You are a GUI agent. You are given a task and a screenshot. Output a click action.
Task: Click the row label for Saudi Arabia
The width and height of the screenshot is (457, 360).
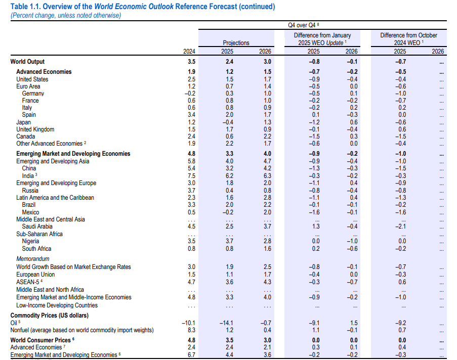coord(37,227)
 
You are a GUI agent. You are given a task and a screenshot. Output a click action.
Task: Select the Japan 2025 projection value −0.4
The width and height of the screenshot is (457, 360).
coord(228,122)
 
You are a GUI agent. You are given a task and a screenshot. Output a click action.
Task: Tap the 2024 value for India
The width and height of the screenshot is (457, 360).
coord(191,176)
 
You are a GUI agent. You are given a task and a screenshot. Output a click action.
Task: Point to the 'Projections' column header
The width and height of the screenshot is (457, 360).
coord(236,43)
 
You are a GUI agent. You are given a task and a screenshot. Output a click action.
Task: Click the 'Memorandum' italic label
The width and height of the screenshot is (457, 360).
coord(32,259)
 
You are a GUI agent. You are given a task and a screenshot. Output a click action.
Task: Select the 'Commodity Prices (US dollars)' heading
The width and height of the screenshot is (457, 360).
coord(50,316)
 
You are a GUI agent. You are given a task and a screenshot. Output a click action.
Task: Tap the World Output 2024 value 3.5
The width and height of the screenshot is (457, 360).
coord(191,62)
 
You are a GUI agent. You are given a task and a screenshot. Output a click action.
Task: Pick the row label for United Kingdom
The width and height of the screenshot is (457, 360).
coord(35,129)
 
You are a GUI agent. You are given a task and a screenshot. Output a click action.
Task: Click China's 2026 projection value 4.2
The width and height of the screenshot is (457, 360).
coord(267,168)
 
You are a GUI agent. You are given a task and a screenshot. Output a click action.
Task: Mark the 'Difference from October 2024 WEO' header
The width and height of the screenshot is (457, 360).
coord(408,39)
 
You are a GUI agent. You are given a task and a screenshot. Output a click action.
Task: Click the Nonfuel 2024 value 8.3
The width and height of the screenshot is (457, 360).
coord(191,330)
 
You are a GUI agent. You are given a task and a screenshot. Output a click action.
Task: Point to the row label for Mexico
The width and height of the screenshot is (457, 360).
coord(30,212)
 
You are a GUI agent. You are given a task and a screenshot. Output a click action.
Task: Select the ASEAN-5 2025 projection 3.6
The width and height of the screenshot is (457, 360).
coord(229,282)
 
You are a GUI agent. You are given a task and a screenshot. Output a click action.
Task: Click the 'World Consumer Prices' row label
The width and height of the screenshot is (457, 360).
coord(40,340)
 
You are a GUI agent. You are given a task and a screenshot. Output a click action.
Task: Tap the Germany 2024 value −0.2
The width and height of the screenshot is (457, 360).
coord(190,94)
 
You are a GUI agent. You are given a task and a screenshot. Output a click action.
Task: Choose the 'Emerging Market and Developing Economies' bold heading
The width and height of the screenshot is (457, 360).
coord(73,154)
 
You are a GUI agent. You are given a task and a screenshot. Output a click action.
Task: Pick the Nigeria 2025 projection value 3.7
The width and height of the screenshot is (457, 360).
coord(229,241)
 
